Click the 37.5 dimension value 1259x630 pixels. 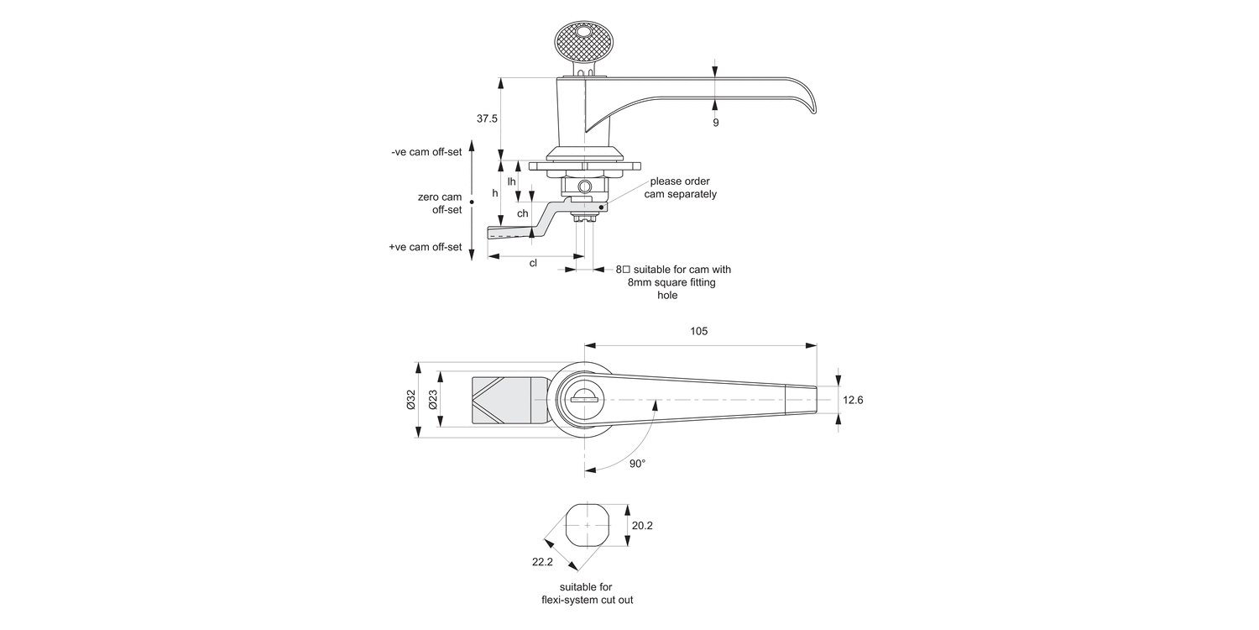tap(487, 119)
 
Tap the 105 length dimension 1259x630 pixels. tap(698, 331)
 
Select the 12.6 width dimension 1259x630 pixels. tap(853, 401)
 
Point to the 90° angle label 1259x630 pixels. tap(637, 464)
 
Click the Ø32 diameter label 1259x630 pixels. tap(410, 400)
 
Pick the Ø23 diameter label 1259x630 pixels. tap(432, 400)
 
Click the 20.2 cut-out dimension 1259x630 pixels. tap(642, 526)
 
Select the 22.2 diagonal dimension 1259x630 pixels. tap(541, 562)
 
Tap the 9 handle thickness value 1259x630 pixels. tap(715, 123)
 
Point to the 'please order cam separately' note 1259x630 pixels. tap(680, 187)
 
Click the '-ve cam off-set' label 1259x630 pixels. tap(426, 152)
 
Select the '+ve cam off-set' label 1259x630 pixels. tap(426, 247)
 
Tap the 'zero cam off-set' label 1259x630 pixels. tap(440, 203)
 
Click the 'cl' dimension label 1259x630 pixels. tap(533, 263)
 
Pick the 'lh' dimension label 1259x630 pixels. tap(511, 181)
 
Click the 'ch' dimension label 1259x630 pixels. tap(522, 213)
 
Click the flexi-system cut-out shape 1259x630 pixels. tap(586, 526)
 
